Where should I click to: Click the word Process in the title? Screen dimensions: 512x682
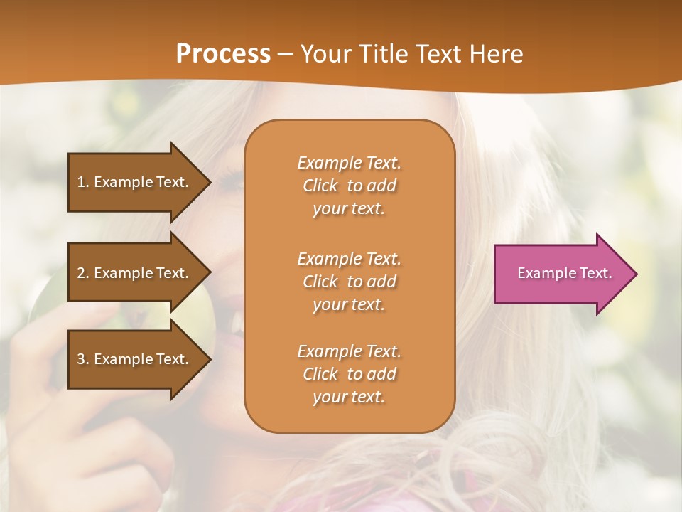coord(223,54)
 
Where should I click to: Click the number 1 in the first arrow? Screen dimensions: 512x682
coord(81,182)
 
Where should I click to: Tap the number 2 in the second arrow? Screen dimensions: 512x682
coord(81,273)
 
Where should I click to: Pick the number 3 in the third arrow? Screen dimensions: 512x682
coord(81,359)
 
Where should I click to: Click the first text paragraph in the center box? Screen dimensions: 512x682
coord(349,186)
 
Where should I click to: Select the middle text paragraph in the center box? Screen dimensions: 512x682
coord(349,282)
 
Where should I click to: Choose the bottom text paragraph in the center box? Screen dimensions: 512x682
coord(349,374)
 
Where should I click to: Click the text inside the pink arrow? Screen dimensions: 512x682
coord(564,273)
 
